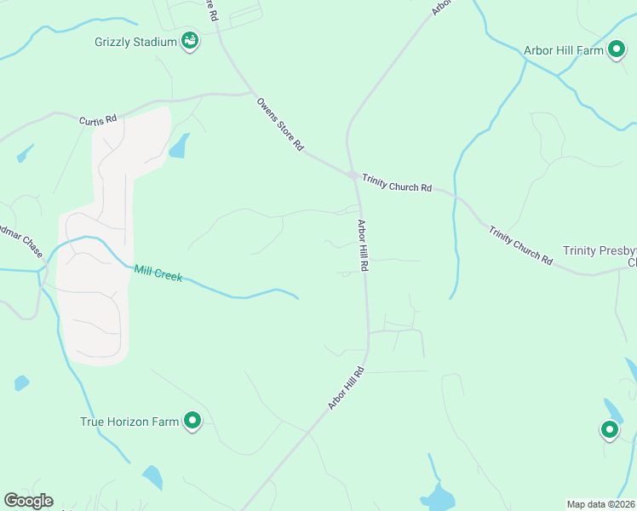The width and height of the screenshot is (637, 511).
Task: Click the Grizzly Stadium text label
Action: pos(136,42)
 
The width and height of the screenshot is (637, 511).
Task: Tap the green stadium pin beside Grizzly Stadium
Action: pos(190,41)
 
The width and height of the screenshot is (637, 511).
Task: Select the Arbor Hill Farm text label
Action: pos(563,51)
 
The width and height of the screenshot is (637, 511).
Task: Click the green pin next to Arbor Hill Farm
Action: pos(617,50)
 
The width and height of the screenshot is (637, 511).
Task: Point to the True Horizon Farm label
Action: pos(129,422)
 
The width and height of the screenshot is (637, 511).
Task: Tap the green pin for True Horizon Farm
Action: pos(193,421)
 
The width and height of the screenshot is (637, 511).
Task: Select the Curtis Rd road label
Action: pos(97,121)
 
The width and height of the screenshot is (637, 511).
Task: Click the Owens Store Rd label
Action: pos(280,124)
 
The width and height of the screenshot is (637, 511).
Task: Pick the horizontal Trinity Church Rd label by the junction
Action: pos(397,183)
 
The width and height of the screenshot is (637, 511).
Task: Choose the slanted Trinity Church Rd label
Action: pos(520,245)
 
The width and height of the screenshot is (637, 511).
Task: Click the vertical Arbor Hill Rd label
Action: pos(363,245)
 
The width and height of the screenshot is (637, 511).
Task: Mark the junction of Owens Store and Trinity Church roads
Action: pos(352,174)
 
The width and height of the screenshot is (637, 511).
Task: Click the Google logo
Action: pos(28,501)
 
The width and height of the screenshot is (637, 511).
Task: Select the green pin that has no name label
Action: pos(610,430)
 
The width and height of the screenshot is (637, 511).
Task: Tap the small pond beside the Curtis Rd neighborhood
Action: pos(179,147)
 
